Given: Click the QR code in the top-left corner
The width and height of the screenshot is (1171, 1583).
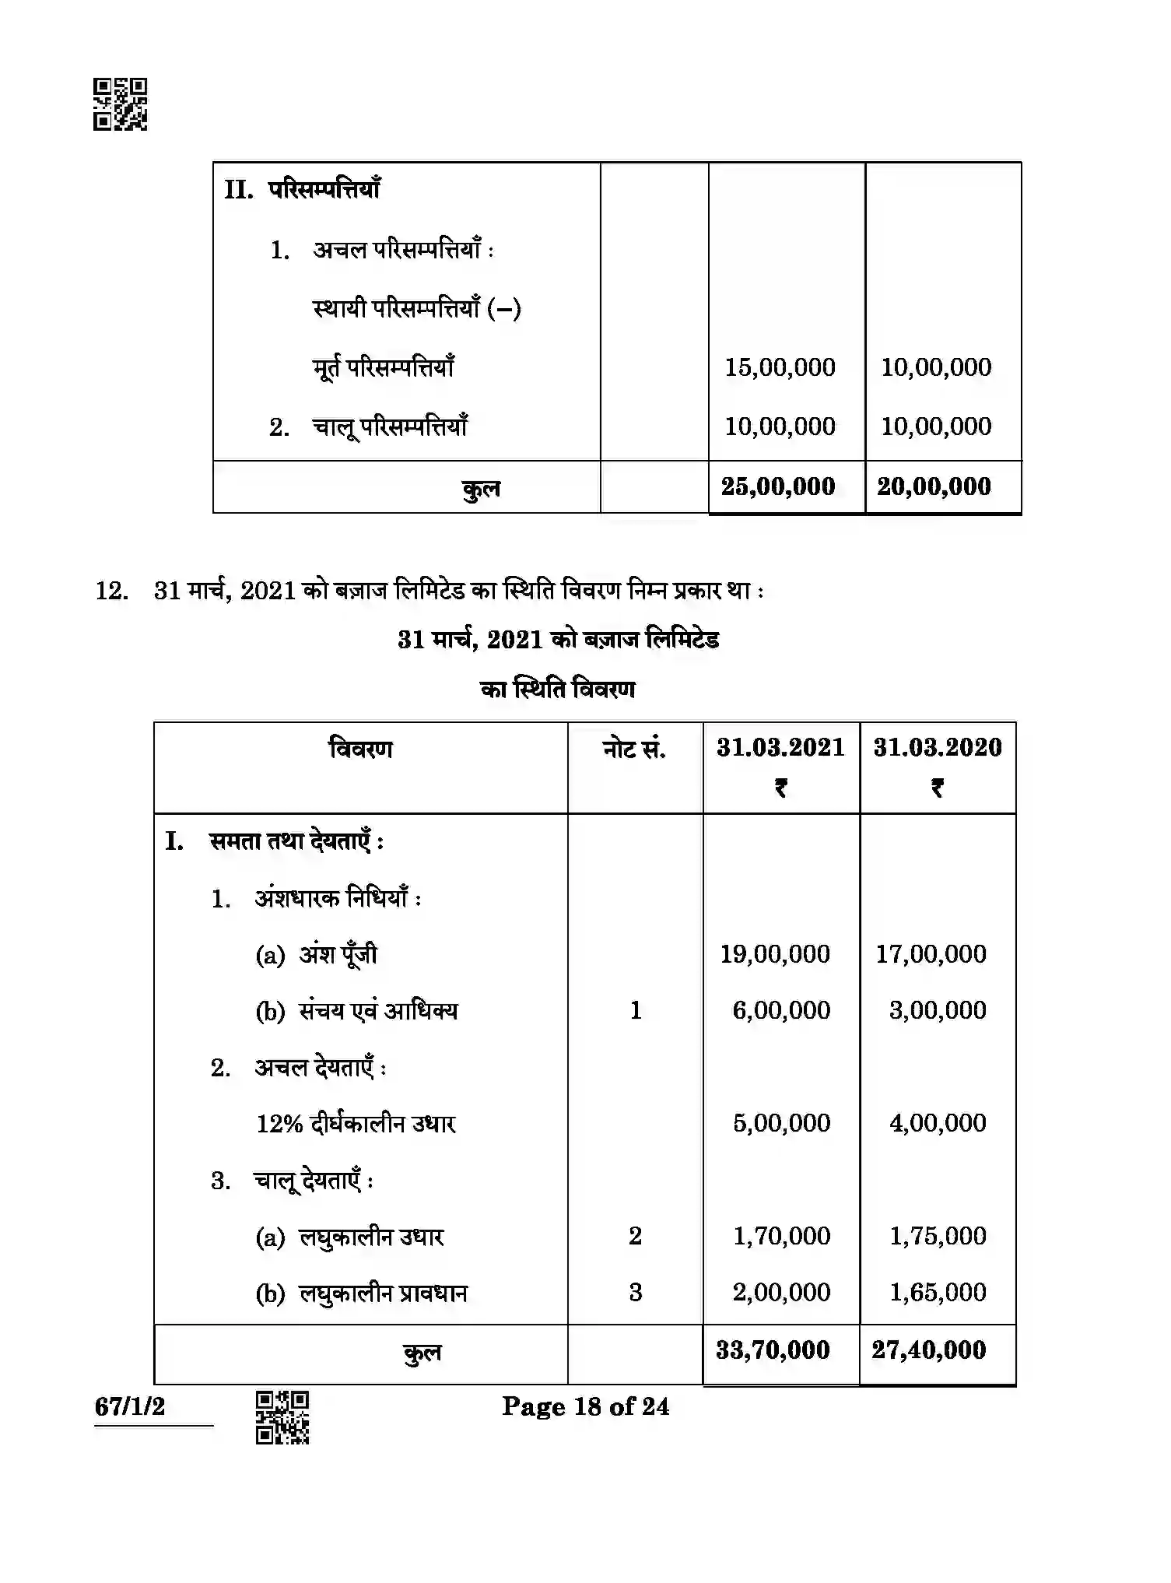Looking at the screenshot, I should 120,104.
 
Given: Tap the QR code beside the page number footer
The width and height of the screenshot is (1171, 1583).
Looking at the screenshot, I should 282,1417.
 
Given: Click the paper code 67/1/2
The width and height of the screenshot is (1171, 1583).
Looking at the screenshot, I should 130,1406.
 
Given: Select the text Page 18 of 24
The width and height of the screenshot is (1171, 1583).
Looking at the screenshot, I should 585,1406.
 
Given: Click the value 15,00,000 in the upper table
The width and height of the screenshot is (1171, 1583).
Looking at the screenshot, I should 780,367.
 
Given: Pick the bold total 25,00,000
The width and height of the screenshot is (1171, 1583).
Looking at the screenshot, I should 778,486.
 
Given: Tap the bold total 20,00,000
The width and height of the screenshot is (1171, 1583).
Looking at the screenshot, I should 934,486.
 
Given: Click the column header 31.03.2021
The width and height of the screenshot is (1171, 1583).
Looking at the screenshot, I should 780,748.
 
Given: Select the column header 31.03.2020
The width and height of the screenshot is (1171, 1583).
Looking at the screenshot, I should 937,748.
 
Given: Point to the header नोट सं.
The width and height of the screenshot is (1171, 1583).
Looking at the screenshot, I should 634,749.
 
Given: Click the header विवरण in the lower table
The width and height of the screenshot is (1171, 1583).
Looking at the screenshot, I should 360,749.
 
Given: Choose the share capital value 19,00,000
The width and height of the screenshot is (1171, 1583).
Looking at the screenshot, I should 775,954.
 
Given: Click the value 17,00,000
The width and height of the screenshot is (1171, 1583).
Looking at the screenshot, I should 931,954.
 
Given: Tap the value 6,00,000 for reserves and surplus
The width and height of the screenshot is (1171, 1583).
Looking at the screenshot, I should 781,1010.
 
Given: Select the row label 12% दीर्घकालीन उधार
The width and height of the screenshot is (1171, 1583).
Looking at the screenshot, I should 356,1124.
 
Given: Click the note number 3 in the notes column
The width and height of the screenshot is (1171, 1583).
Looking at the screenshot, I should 635,1293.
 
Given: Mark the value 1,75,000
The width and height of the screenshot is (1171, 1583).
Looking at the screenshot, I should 938,1236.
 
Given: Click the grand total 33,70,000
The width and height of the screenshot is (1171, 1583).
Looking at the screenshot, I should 773,1350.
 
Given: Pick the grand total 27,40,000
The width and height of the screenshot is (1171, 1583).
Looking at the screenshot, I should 929,1350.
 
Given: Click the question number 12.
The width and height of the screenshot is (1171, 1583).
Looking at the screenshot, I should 111,591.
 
